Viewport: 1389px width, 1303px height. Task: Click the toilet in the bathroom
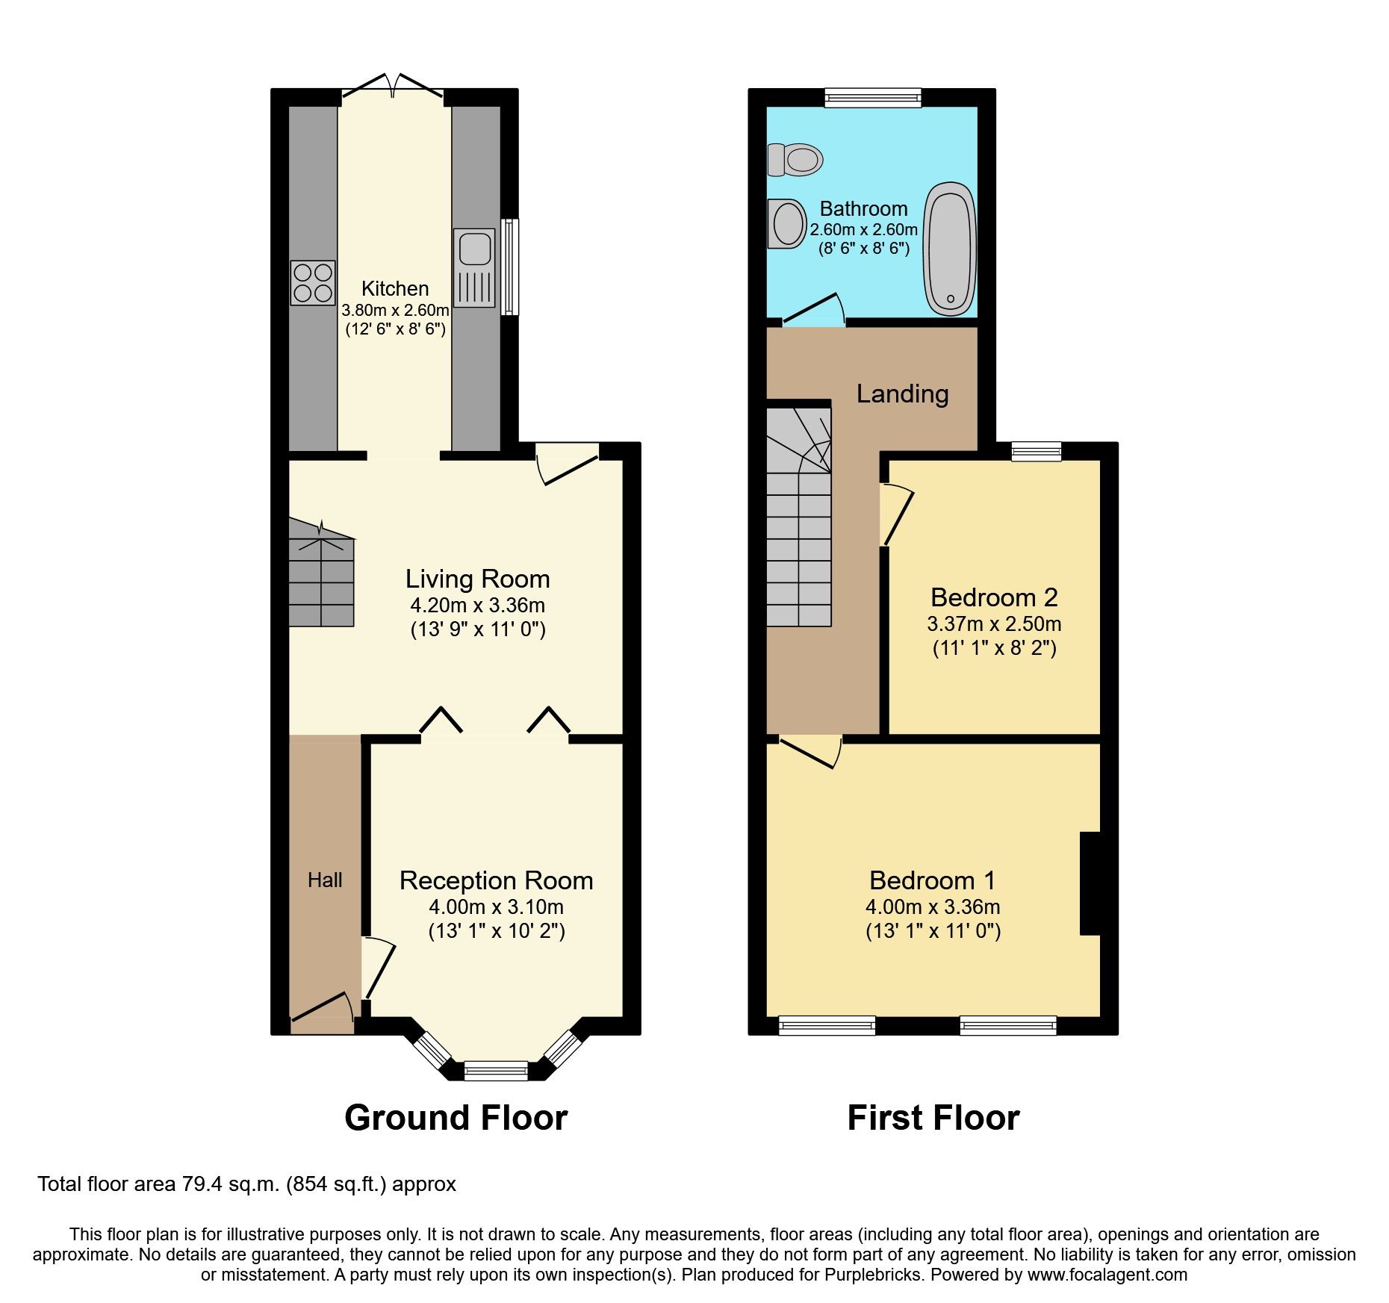pos(796,159)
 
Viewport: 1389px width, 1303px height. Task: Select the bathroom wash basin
pos(786,223)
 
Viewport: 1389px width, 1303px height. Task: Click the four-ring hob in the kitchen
pos(313,282)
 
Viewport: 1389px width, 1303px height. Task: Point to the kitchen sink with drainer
pos(474,267)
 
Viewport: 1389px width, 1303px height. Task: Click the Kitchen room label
pos(395,288)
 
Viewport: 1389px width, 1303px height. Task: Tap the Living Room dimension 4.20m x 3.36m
pos(477,605)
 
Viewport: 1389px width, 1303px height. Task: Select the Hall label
pos(325,880)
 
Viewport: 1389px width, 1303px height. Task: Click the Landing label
pos(902,394)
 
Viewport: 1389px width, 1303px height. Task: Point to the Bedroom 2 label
pos(994,597)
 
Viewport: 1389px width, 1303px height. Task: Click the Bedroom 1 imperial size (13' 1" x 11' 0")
pos(933,931)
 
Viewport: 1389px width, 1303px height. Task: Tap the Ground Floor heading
pos(456,1118)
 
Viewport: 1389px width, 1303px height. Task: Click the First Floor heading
pos(933,1118)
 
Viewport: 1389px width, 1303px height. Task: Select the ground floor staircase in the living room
pos(321,575)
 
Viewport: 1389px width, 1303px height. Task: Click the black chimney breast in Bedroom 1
pos(1090,883)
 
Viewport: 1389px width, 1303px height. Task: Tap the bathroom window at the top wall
pos(872,98)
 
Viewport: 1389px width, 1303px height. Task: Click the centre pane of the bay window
pos(496,1071)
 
